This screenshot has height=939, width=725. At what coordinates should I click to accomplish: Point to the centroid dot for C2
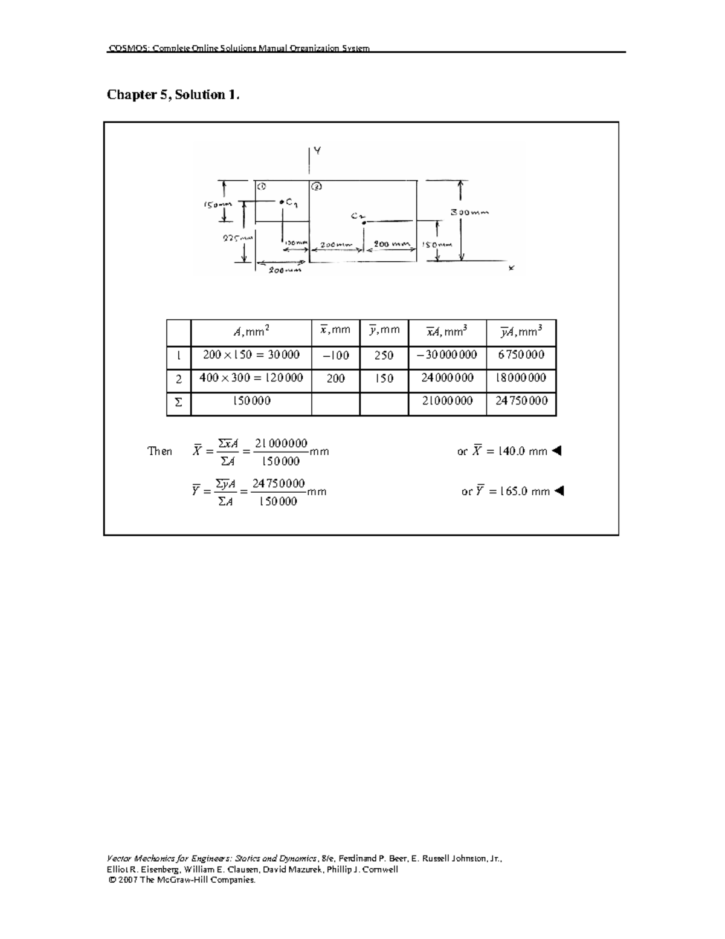(364, 223)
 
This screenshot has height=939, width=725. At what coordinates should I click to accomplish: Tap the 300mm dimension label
(470, 212)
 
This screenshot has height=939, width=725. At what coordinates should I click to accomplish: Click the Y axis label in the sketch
(317, 151)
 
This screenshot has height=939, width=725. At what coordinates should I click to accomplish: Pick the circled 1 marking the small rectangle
(261, 186)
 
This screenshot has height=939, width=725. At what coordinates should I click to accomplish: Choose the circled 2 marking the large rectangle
(317, 186)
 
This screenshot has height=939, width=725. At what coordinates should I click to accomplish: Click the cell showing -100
(335, 356)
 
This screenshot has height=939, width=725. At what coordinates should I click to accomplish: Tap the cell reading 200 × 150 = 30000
(251, 355)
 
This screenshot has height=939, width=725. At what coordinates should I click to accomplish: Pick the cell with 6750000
(521, 355)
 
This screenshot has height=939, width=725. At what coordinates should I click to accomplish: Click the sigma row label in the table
(178, 401)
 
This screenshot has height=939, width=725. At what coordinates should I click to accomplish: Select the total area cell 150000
(251, 401)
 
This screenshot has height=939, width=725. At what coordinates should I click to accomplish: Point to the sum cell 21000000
(447, 401)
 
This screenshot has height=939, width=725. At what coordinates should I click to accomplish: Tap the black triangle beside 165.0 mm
(558, 491)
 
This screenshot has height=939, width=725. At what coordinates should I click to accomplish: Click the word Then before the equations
(160, 451)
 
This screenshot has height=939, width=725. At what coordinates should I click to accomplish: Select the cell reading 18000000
(521, 378)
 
